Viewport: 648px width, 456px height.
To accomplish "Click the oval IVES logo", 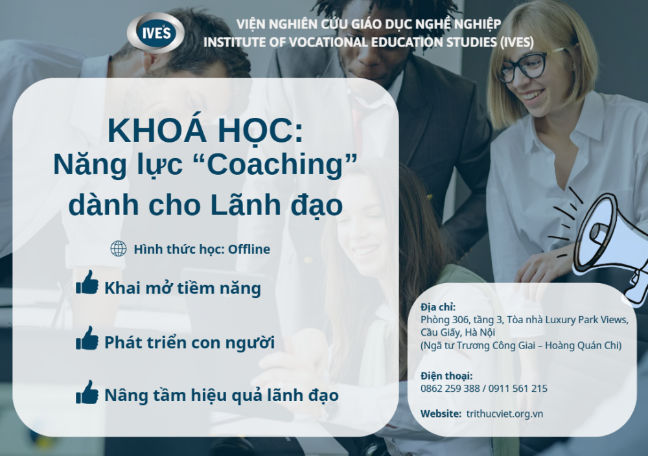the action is coord(156,32).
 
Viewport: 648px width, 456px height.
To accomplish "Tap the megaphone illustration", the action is coord(612,243).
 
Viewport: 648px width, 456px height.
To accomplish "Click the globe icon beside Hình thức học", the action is coord(118,249).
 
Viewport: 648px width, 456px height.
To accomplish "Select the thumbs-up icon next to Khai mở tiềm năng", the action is coord(87,282).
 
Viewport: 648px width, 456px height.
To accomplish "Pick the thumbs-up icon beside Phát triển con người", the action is coord(87,338).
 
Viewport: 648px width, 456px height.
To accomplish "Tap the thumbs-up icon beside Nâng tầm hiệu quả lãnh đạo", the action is coord(87,393).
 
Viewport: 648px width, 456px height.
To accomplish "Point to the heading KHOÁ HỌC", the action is coord(205,130).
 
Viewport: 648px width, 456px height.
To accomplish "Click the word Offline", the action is coord(249,249).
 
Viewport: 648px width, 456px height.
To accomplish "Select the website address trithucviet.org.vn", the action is coord(505,414).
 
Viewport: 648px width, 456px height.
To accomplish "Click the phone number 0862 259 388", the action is coord(450,388).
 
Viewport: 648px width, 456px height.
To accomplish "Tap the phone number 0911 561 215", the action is coord(518,388).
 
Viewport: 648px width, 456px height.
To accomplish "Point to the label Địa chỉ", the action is coord(438,307).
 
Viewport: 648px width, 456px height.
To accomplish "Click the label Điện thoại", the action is coord(446,376).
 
